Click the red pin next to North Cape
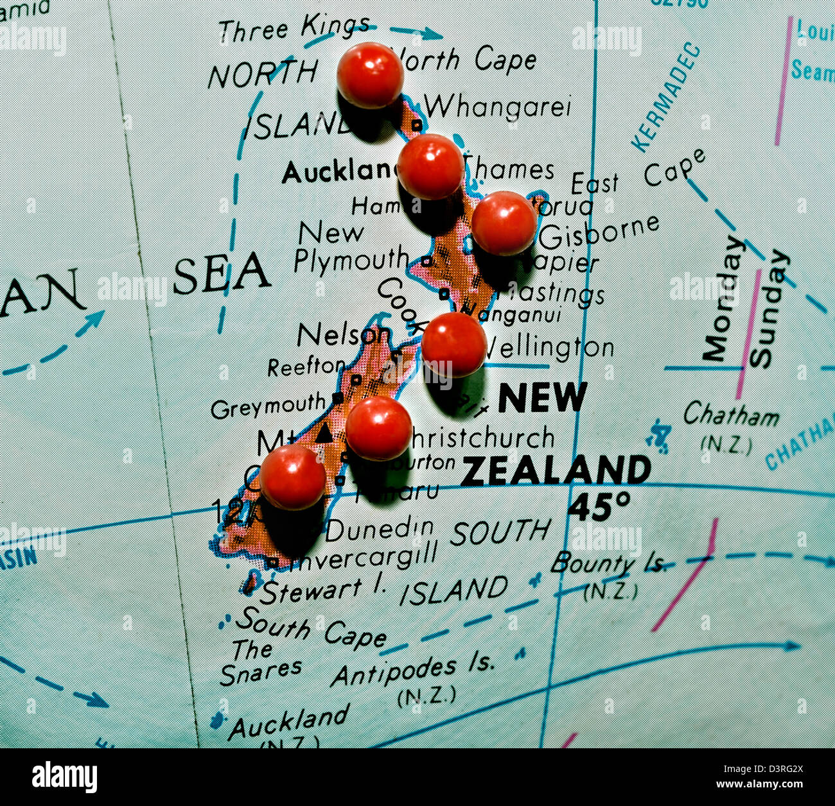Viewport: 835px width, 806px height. click(370, 75)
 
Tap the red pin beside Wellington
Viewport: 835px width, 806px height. click(453, 345)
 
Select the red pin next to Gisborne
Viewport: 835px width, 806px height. click(504, 223)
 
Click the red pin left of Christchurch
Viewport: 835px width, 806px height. click(378, 428)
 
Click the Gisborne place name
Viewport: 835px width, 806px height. click(599, 232)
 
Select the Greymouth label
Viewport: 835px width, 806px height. click(268, 406)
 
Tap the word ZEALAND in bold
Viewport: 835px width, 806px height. click(556, 470)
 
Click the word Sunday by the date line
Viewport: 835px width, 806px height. click(769, 308)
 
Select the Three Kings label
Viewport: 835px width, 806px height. click(294, 28)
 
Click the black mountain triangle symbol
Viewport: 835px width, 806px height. click(325, 433)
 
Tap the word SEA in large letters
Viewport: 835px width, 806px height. click(221, 273)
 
